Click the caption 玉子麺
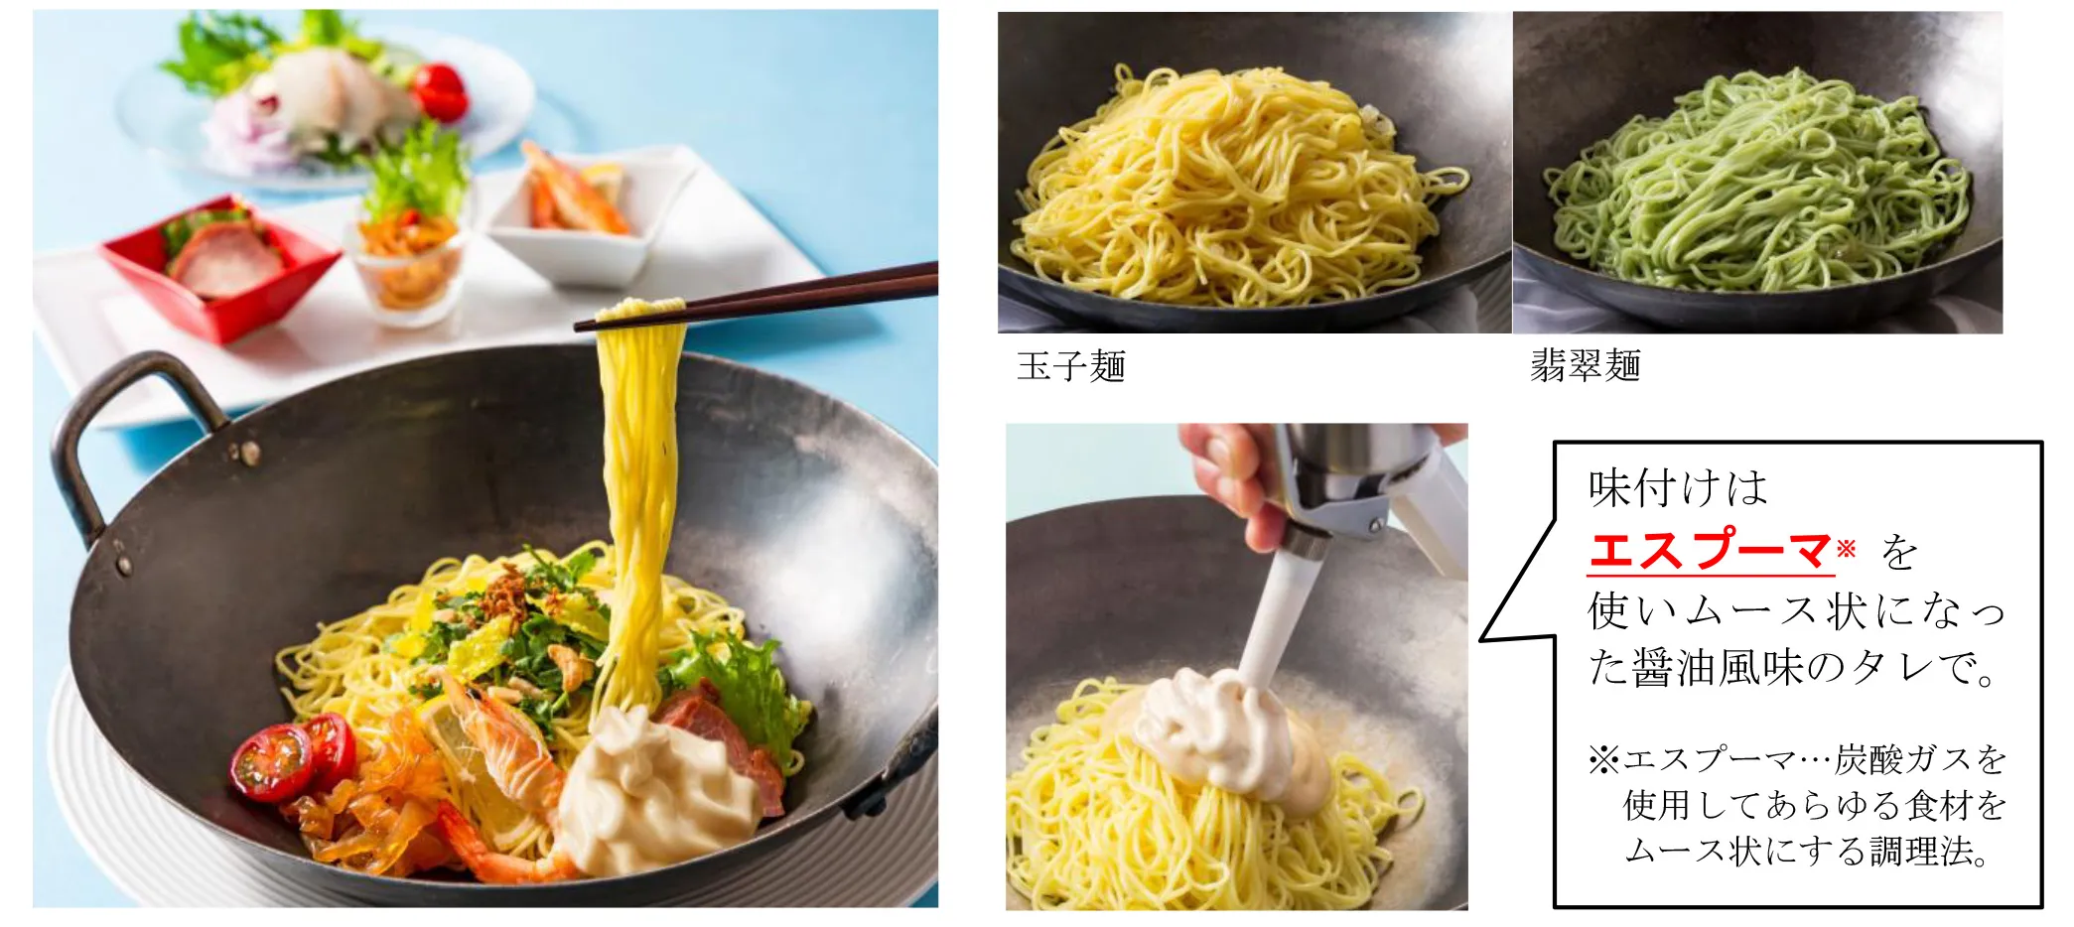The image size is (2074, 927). (x=1070, y=366)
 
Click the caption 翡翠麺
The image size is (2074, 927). (x=1585, y=366)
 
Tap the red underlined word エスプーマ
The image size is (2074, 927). (x=1710, y=551)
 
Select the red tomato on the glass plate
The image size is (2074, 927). (x=439, y=91)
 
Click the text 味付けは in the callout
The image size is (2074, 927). (x=1678, y=488)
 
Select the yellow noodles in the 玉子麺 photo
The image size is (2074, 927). (x=1236, y=189)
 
